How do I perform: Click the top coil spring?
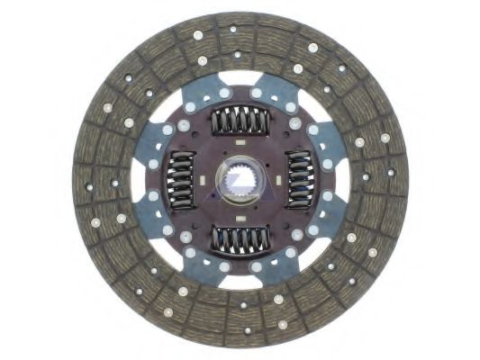coord(240,121)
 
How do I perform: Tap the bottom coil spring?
coord(240,238)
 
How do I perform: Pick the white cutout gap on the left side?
coord(138,179)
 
